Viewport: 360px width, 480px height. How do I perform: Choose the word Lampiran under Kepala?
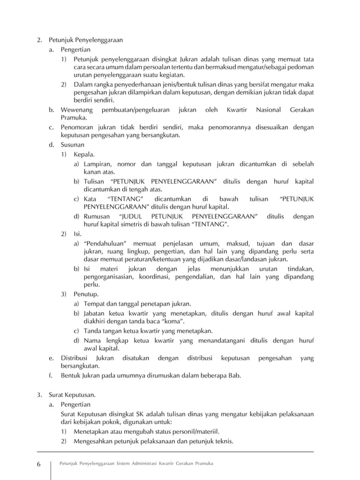99,163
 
